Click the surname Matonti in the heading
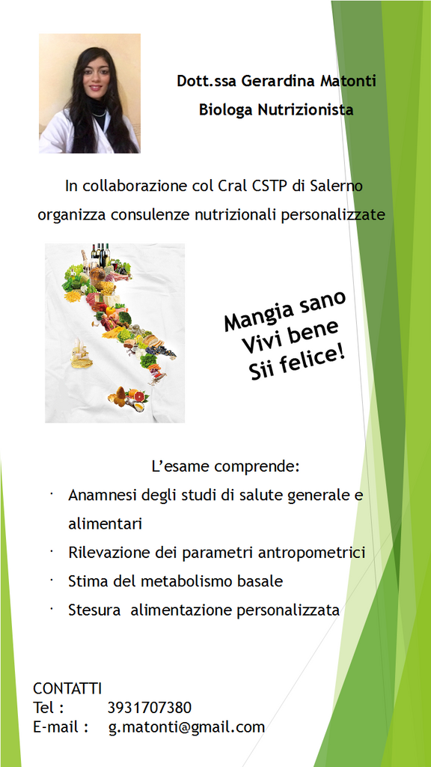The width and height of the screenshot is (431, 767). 348,81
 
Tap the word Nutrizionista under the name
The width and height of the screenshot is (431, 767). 305,109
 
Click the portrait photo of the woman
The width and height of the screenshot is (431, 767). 90,94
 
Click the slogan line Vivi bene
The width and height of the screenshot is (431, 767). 290,337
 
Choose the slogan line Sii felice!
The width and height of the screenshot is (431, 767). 296,363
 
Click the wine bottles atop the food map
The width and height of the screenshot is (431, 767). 101,254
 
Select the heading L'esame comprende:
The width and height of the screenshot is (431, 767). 225,467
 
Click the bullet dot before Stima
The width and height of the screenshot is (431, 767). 50,580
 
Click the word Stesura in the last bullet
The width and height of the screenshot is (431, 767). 94,610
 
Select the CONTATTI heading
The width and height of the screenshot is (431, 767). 67,689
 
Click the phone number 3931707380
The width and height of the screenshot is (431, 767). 150,708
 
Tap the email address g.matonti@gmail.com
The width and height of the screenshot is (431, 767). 186,727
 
